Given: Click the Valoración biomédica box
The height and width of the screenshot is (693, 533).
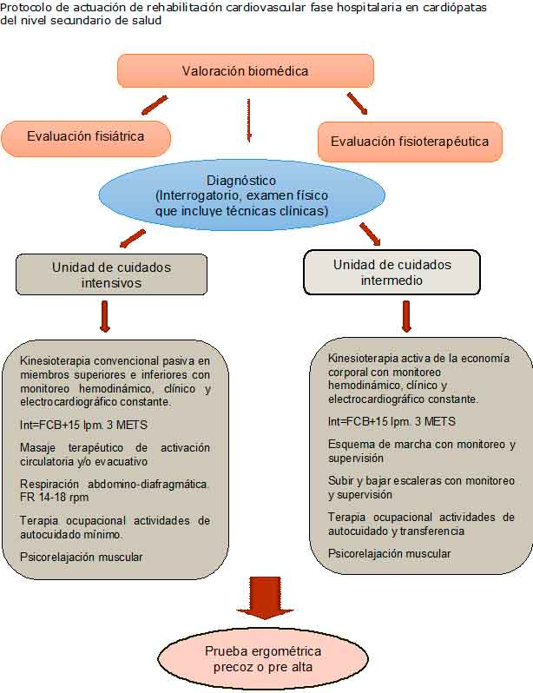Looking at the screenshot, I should point(245,71).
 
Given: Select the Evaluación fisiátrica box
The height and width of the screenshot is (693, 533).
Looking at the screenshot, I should point(85,137).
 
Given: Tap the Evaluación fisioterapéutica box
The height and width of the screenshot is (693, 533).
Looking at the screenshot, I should point(410,141).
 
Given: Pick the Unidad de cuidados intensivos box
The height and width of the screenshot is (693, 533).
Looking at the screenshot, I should point(111,274).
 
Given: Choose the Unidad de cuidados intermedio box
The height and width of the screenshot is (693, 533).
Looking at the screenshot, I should point(392,273).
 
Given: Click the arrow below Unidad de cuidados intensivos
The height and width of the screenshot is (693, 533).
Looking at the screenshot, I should point(105,316).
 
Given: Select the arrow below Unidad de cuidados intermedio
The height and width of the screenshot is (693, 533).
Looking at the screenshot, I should point(405,316).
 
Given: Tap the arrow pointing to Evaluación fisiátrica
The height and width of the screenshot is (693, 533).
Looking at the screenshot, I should point(154,106).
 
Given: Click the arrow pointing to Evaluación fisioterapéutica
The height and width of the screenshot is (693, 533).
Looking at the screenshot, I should point(357,103).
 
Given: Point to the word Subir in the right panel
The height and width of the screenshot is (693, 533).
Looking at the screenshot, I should point(342,480).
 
